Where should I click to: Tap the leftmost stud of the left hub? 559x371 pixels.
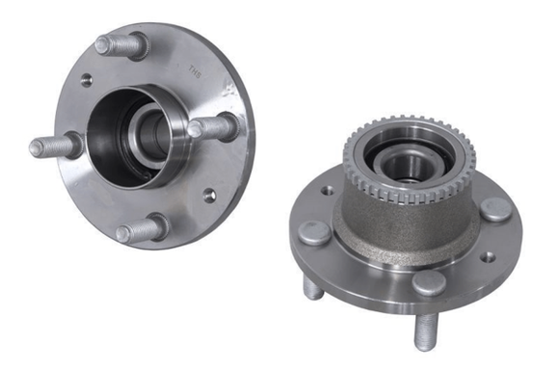(47, 147)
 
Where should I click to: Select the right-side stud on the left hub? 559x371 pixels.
(214, 126)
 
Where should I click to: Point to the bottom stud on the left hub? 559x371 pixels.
(141, 229)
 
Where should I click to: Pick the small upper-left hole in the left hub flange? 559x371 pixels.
(87, 80)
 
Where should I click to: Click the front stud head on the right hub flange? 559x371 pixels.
(428, 282)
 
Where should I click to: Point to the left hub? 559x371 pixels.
(145, 135)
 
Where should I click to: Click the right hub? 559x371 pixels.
(405, 231)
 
